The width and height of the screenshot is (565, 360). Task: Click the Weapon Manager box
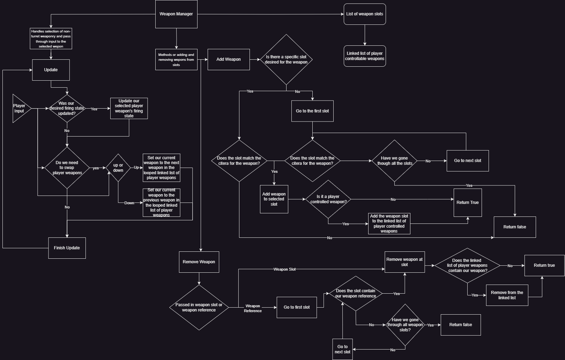pyautogui.click(x=176, y=14)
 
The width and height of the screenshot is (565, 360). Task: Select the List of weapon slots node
pyautogui.click(x=365, y=14)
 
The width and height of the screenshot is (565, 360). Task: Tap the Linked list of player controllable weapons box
pyautogui.click(x=365, y=56)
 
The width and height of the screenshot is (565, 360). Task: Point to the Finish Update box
pyautogui.click(x=67, y=248)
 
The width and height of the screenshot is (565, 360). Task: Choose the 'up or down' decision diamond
pyautogui.click(x=118, y=168)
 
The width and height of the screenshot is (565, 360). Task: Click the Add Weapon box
pyautogui.click(x=229, y=59)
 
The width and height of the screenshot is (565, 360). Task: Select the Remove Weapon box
pyautogui.click(x=199, y=262)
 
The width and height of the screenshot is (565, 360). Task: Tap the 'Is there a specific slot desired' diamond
pyautogui.click(x=286, y=59)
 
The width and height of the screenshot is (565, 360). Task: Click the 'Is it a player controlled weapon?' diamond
pyautogui.click(x=328, y=199)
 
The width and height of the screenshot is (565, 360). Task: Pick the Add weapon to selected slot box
pyautogui.click(x=274, y=199)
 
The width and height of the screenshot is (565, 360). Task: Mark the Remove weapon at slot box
pyautogui.click(x=404, y=262)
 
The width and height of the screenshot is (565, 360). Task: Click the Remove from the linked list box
pyautogui.click(x=507, y=295)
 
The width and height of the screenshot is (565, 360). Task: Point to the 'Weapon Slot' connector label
pyautogui.click(x=284, y=269)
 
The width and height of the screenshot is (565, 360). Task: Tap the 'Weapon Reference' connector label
pyautogui.click(x=253, y=308)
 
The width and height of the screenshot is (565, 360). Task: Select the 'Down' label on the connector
pyautogui.click(x=129, y=203)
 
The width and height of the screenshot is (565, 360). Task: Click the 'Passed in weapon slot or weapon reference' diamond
pyautogui.click(x=199, y=307)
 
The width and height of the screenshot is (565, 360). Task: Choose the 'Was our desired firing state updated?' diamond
pyautogui.click(x=67, y=108)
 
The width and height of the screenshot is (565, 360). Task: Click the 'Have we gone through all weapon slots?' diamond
pyautogui.click(x=405, y=325)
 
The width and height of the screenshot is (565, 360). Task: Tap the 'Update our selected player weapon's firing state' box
pyautogui.click(x=129, y=108)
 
